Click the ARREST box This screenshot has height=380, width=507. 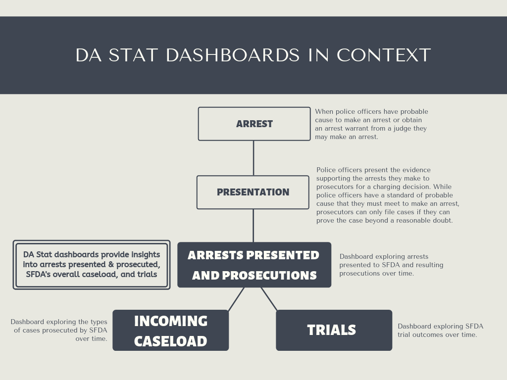click(x=254, y=124)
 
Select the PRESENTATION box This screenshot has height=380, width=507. click(x=253, y=192)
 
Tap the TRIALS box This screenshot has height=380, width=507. click(x=334, y=330)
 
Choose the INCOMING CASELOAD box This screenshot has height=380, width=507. click(x=171, y=330)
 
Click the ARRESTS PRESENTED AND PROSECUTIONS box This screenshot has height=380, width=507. click(x=254, y=265)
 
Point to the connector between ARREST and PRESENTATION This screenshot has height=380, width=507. click(x=253, y=158)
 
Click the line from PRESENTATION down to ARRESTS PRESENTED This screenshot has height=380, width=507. click(x=253, y=226)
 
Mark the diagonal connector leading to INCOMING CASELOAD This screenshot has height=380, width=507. click(x=236, y=299)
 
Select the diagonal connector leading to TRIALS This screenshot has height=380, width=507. click(x=269, y=299)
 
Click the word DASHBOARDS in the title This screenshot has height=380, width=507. click(x=233, y=55)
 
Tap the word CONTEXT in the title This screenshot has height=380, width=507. click(x=384, y=55)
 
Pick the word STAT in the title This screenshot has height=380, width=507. click(x=133, y=55)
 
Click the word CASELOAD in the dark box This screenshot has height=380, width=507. click(x=171, y=341)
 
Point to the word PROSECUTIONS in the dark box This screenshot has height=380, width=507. click(x=269, y=275)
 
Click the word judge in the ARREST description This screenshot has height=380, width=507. click(x=399, y=129)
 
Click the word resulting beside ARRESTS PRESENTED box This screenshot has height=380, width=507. click(x=429, y=265)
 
